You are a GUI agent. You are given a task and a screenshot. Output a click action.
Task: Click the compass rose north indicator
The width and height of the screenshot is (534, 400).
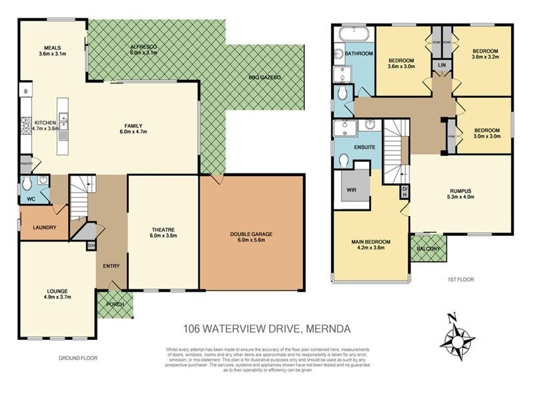click(x=452, y=317)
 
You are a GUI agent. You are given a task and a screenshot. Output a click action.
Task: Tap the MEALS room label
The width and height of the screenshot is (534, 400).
click(x=53, y=49)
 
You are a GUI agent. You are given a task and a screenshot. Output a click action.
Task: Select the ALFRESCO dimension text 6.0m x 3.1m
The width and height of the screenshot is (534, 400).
click(x=143, y=53)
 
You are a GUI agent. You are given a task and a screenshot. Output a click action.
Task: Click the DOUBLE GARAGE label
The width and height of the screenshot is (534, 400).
click(x=252, y=234)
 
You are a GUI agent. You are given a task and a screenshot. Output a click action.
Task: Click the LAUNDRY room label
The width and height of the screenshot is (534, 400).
click(x=44, y=227)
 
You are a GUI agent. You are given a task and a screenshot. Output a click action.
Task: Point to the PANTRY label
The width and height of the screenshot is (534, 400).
click(x=27, y=162)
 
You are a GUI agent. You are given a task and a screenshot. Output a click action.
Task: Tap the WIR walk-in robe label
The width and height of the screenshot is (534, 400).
click(x=351, y=190)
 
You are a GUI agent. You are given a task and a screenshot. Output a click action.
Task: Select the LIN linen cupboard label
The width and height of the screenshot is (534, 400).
click(x=441, y=65)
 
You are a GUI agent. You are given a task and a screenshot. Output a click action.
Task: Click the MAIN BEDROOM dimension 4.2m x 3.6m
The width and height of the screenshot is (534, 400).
click(x=370, y=248)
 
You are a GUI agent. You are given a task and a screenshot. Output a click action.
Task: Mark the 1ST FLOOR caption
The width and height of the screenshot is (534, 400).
click(x=460, y=279)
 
